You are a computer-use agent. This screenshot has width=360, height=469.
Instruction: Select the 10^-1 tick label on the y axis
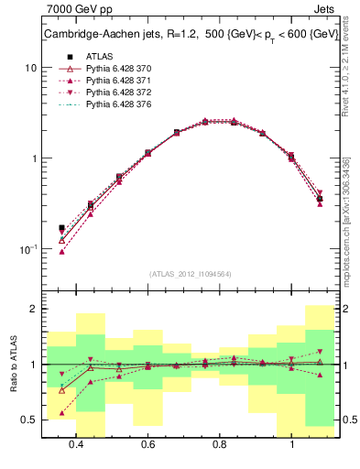[28, 249]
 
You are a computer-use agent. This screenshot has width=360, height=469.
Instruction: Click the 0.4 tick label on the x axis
[76, 444]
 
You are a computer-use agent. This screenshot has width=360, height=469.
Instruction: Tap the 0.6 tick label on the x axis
[147, 444]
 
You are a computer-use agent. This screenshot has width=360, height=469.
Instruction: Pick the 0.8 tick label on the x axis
[220, 444]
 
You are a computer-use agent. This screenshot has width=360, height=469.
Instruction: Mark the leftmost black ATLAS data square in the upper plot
[61, 228]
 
